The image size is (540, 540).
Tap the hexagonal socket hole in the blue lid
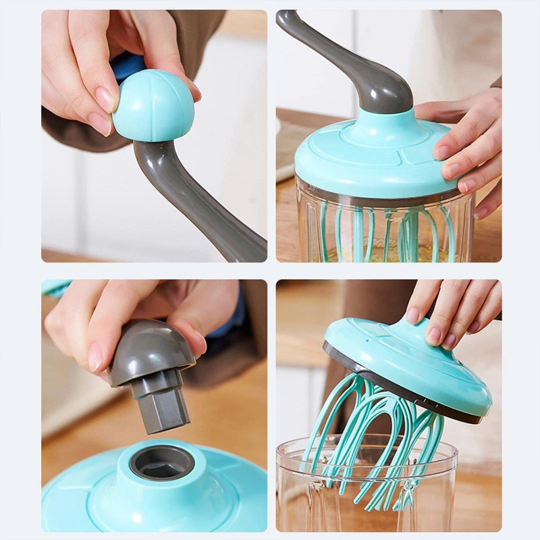[x=162, y=463]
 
